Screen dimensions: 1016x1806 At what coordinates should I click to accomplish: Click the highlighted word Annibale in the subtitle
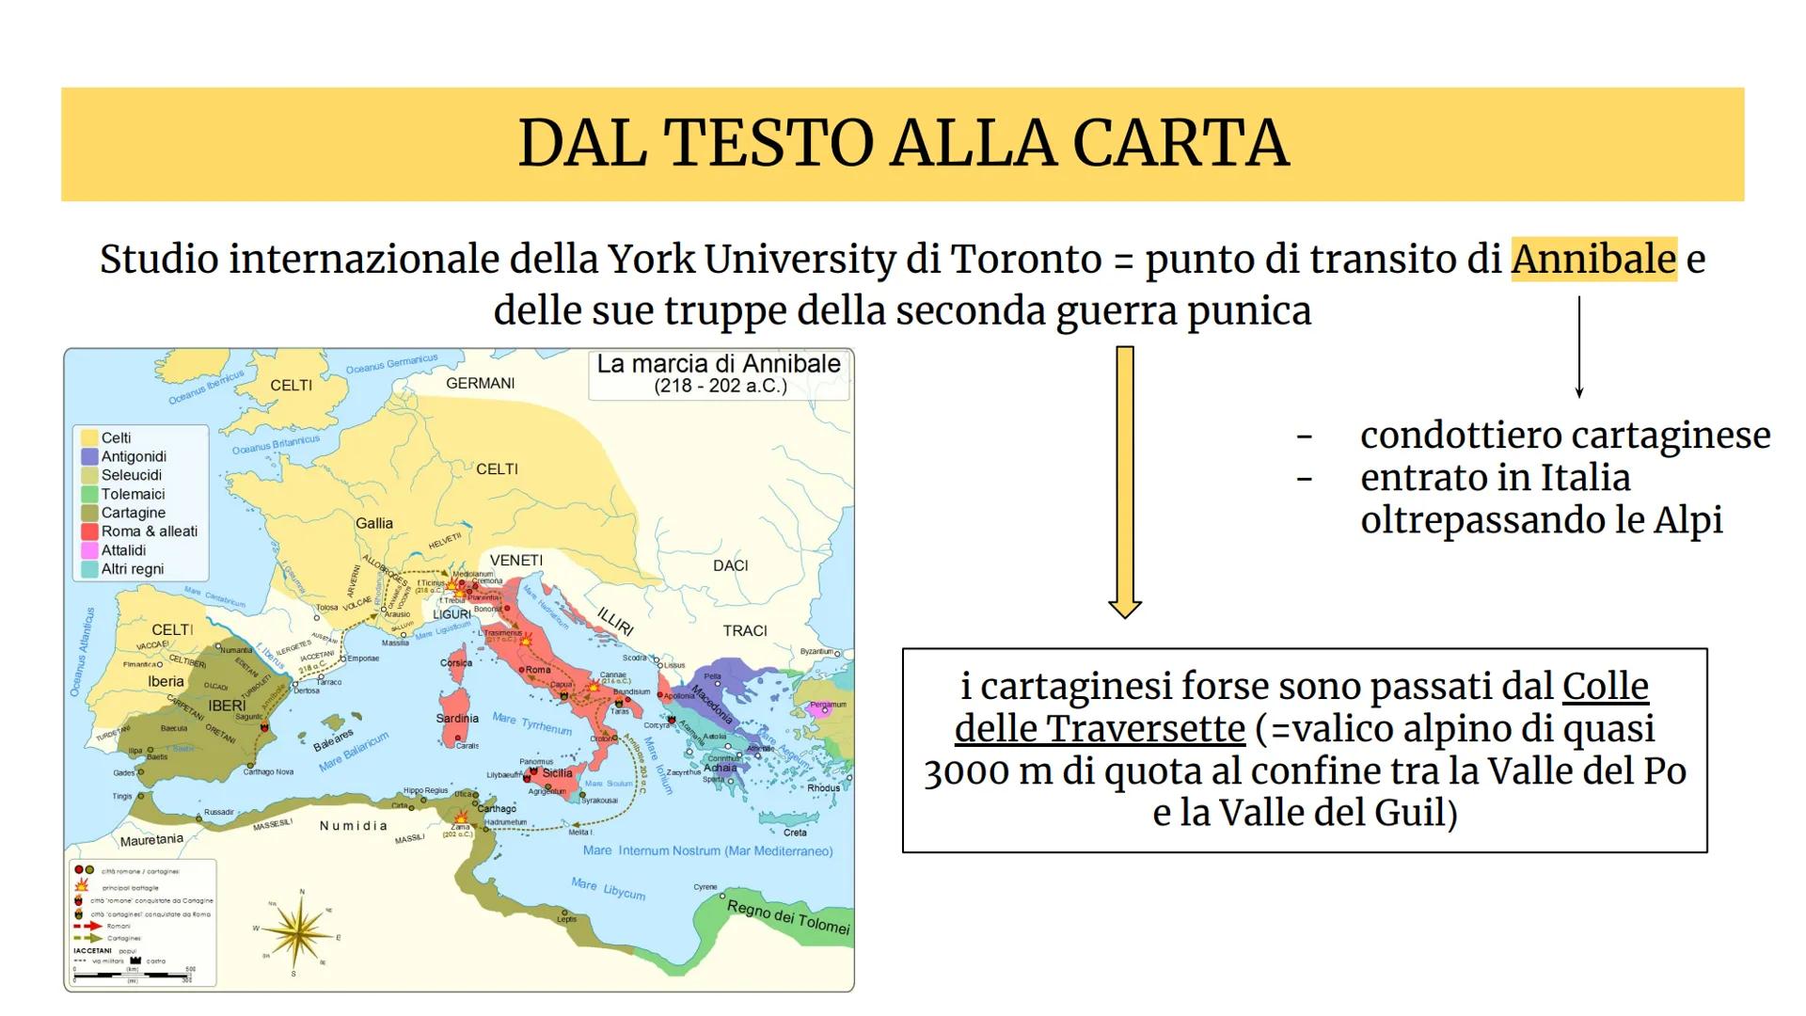[x=1593, y=259]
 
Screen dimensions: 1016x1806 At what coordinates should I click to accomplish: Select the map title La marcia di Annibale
[x=719, y=365]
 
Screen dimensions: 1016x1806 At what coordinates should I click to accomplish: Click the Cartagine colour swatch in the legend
[x=90, y=513]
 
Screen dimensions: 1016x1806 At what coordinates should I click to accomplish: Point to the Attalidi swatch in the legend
[x=90, y=550]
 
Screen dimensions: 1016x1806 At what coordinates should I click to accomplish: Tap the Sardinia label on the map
[x=457, y=718]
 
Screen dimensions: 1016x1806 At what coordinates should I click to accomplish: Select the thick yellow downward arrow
[x=1124, y=481]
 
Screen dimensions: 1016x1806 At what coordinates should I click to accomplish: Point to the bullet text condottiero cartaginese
[x=1565, y=436]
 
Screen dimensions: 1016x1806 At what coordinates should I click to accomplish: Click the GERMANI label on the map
[x=480, y=383]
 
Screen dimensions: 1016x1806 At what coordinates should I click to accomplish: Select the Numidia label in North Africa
[x=354, y=826]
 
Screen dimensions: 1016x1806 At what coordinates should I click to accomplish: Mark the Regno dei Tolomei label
[x=788, y=916]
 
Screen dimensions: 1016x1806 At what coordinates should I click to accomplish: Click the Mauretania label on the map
[x=151, y=838]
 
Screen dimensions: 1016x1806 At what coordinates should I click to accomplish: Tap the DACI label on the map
[x=730, y=565]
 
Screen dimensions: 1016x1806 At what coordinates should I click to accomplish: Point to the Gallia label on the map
[x=374, y=523]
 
